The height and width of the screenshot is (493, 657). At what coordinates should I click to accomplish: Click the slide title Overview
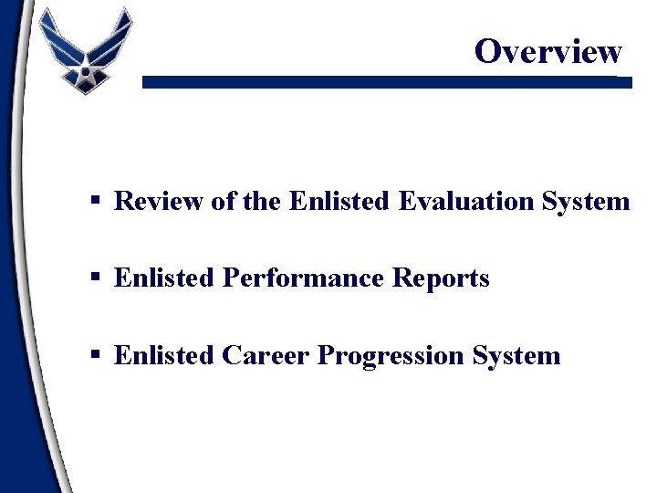(547, 51)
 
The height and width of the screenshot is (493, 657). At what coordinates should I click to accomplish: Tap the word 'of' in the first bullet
(224, 201)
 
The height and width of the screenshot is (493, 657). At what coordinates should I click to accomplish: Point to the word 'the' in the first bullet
(263, 201)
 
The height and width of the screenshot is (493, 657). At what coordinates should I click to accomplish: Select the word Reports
(441, 278)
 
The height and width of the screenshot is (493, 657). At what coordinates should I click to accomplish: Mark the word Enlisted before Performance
(164, 278)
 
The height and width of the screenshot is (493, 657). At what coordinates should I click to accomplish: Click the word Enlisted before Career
(164, 354)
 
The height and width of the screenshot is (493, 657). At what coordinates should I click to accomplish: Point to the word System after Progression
(516, 355)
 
